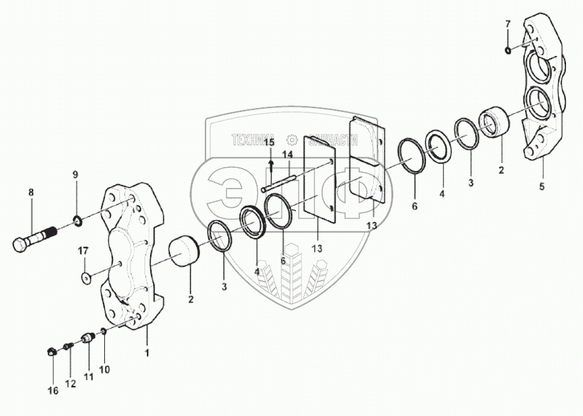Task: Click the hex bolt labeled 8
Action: [x=35, y=238]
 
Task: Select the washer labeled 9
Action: [x=78, y=221]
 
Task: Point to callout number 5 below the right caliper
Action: [x=542, y=187]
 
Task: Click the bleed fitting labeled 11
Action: [x=88, y=337]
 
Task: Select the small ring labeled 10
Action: [x=103, y=331]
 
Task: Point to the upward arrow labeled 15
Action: [x=270, y=165]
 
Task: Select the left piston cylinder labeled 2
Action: [x=185, y=251]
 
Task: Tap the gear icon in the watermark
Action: [x=291, y=140]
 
